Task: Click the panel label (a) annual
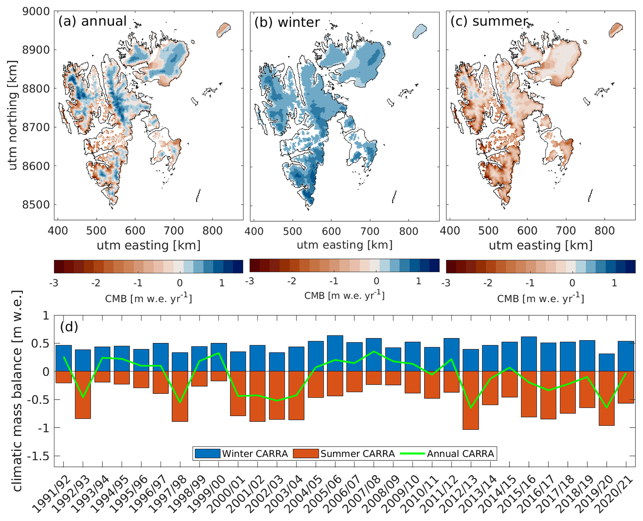click(92, 21)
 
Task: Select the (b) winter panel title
click(287, 22)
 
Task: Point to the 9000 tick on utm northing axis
click(36, 12)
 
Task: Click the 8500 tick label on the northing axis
click(36, 205)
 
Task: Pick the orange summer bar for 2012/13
click(471, 400)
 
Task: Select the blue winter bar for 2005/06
click(335, 353)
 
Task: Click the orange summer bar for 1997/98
click(180, 396)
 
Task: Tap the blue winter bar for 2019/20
click(606, 362)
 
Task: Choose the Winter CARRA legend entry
click(241, 453)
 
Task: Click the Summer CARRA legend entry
click(344, 453)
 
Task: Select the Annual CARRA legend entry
click(448, 453)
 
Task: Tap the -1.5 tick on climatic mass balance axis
click(38, 456)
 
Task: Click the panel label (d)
click(69, 326)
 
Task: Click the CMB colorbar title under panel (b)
click(344, 295)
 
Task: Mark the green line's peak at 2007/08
click(374, 352)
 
